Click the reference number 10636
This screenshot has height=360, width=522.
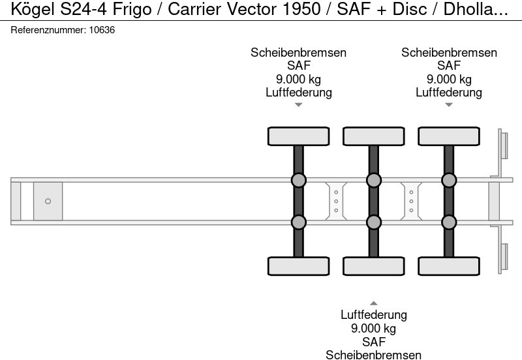102,30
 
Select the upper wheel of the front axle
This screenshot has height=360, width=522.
298,136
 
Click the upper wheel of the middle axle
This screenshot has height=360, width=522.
373,136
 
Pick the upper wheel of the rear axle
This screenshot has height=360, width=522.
448,136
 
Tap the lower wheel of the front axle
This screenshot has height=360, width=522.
298,266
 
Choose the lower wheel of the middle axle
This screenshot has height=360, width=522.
373,266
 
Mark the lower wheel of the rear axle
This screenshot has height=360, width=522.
448,266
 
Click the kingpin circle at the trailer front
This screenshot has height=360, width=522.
48,201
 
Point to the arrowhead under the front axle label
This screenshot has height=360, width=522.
298,104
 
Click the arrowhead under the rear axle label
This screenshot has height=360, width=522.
448,104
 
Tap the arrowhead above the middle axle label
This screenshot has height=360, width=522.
373,303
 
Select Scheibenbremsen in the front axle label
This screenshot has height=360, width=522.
298,53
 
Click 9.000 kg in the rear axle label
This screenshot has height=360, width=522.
448,79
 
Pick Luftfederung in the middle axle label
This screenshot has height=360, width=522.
373,315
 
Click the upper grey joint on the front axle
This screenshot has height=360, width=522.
298,180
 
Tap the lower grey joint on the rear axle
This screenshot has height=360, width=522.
448,222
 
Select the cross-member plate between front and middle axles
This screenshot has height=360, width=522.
335,201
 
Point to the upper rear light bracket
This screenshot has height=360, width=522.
503,145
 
